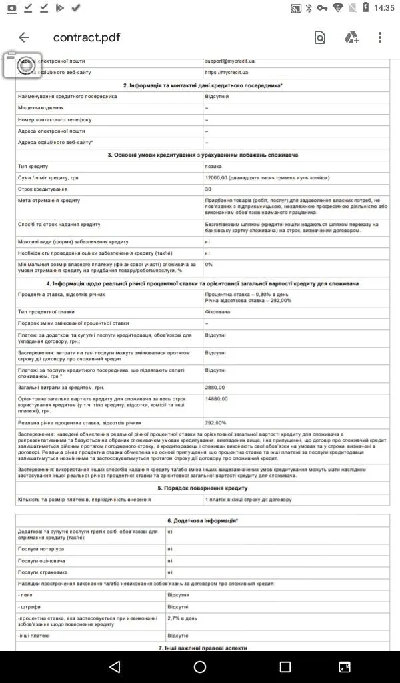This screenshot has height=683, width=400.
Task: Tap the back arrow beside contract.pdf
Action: [25, 37]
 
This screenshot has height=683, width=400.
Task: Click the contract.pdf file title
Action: [87, 37]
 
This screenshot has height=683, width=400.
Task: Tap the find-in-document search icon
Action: [320, 38]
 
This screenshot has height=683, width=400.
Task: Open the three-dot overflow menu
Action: [380, 37]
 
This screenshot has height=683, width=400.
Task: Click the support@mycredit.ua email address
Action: [229, 61]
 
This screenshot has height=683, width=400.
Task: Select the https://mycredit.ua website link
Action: [227, 72]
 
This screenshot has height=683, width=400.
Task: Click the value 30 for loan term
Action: [209, 189]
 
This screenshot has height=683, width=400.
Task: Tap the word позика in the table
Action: [214, 166]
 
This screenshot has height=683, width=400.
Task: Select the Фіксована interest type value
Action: [218, 311]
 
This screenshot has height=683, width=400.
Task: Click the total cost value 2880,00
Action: [216, 387]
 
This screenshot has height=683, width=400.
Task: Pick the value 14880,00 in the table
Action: [217, 398]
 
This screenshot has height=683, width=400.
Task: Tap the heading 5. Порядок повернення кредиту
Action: [203, 488]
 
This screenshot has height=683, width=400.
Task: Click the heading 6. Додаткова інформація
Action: [203, 520]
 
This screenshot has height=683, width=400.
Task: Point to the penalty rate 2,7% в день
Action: [182, 618]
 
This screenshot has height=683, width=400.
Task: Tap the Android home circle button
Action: [200, 667]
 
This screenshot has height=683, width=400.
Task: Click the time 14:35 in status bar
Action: [384, 8]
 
